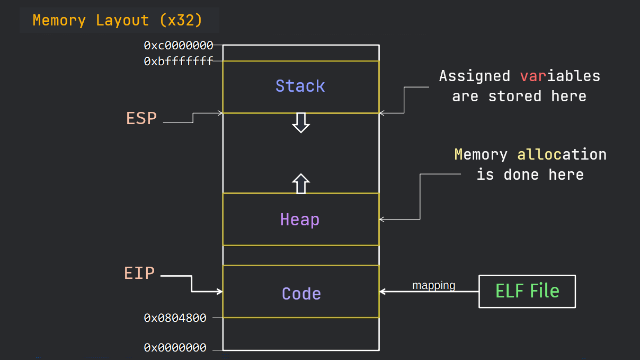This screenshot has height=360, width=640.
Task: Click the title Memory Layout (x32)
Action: coord(118,21)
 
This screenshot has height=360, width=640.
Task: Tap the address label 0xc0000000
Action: coord(178,46)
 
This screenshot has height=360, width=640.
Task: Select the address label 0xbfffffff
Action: coord(178,62)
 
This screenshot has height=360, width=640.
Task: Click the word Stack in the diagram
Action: coord(300,86)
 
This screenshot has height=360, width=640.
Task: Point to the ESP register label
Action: coord(141,118)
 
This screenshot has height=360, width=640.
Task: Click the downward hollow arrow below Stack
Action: coord(301,122)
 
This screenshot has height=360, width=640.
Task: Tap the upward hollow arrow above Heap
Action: coord(301,183)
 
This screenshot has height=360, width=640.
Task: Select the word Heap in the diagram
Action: coord(300,219)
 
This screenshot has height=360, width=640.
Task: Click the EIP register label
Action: coord(139,273)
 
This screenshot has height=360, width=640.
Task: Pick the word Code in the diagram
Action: coord(301,294)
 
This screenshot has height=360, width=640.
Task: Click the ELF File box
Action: coord(527,291)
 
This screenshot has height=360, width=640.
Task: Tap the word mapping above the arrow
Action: coord(433,285)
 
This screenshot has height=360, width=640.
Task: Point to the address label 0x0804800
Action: coord(175,318)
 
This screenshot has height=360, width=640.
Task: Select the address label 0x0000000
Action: coord(175,348)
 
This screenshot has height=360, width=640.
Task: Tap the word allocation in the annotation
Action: coord(562,155)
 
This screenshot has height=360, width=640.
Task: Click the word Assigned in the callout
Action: coord(474,76)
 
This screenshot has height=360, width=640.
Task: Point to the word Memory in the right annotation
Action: coord(481,155)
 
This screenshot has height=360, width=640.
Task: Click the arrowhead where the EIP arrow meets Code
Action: coord(219,291)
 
